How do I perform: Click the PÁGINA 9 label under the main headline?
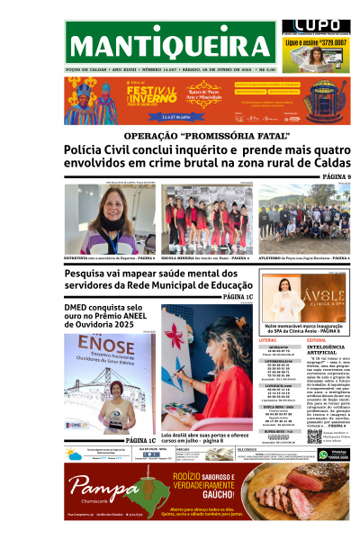[x=330, y=176]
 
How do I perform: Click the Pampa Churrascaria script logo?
[x=94, y=492]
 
